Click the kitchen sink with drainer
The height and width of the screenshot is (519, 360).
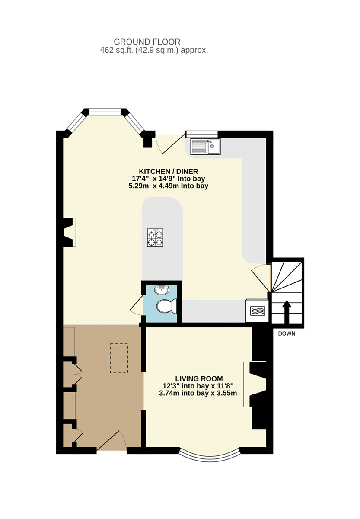(x=205, y=147)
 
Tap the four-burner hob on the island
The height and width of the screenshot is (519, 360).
(x=155, y=237)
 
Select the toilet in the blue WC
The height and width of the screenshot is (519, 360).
(x=166, y=306)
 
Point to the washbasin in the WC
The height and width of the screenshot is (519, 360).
(x=162, y=290)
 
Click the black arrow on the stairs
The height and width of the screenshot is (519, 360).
(x=287, y=311)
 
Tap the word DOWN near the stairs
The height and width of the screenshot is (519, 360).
(x=287, y=333)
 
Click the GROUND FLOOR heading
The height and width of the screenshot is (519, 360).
(x=147, y=42)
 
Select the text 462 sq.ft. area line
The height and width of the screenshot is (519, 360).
(x=154, y=50)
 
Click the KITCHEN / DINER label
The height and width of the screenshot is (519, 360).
(x=168, y=171)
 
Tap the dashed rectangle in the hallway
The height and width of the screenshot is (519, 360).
(x=119, y=358)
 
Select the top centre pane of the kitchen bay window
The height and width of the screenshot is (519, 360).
(x=105, y=112)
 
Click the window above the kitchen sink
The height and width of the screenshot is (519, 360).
(x=202, y=134)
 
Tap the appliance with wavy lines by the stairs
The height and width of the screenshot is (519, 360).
(x=257, y=311)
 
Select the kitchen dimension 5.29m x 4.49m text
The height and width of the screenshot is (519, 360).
(x=168, y=186)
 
